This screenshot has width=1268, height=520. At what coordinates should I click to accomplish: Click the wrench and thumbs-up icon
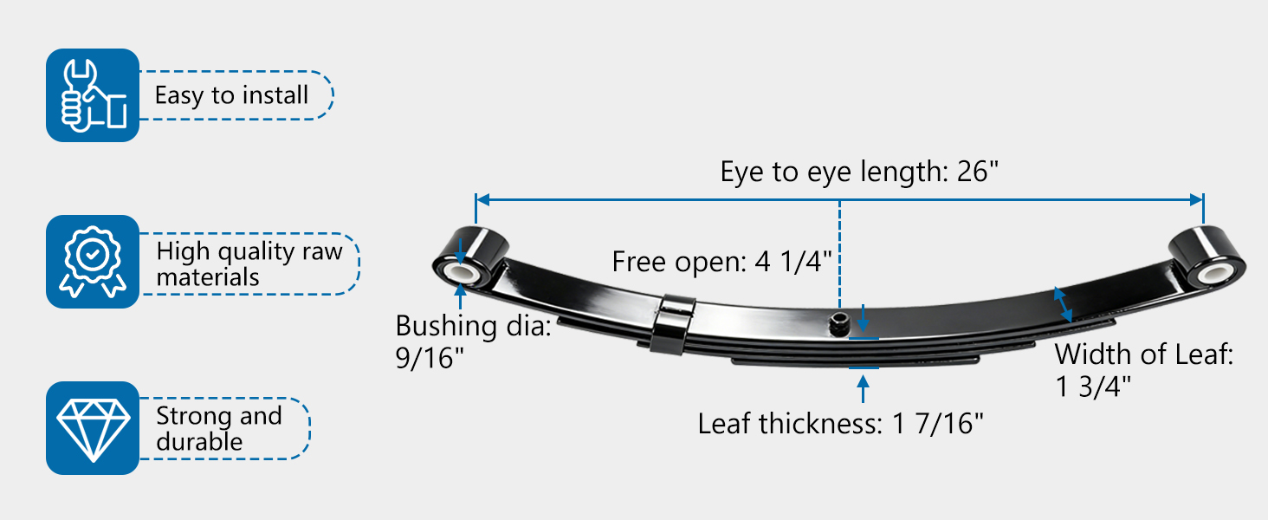pyautogui.click(x=93, y=95)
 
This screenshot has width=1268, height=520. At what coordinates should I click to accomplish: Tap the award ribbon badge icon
pyautogui.click(x=93, y=262)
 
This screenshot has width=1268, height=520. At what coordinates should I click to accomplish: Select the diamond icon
pyautogui.click(x=93, y=428)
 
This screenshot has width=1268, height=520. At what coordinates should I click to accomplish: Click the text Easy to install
pyautogui.click(x=231, y=95)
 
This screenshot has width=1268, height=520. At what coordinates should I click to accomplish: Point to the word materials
pyautogui.click(x=208, y=277)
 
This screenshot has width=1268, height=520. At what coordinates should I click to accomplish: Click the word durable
pyautogui.click(x=199, y=442)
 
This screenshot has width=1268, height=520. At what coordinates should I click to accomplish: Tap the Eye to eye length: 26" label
pyautogui.click(x=859, y=171)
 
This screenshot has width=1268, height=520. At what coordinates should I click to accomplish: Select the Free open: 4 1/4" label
pyautogui.click(x=721, y=261)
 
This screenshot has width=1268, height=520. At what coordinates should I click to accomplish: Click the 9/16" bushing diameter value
pyautogui.click(x=429, y=358)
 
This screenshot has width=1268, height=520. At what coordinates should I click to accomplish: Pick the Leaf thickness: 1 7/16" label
pyautogui.click(x=841, y=424)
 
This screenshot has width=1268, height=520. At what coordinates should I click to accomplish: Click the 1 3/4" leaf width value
pyautogui.click(x=1092, y=387)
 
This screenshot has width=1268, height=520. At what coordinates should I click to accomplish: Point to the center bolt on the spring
pyautogui.click(x=839, y=324)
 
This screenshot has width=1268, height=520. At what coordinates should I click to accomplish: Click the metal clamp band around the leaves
pyautogui.click(x=673, y=324)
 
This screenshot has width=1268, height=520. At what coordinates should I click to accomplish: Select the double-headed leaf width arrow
pyautogui.click(x=1063, y=305)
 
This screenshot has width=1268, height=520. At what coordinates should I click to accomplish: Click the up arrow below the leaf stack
pyautogui.click(x=864, y=389)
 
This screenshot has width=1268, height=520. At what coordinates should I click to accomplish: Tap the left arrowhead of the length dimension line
pyautogui.click(x=482, y=199)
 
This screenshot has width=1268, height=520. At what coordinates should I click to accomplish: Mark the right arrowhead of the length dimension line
pyautogui.click(x=1196, y=199)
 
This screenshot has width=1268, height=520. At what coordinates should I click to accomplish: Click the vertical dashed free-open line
pyautogui.click(x=839, y=255)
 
